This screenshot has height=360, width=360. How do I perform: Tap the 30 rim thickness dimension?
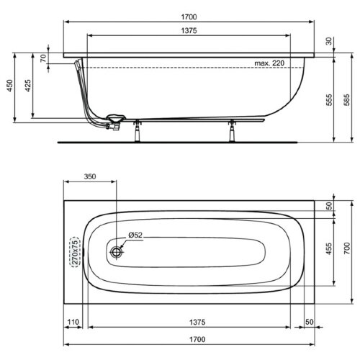click(x=329, y=42)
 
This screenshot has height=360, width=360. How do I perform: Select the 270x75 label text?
click(x=73, y=251)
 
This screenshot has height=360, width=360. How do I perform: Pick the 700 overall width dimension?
click(x=347, y=250)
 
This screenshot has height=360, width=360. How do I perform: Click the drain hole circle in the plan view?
click(x=118, y=252)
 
